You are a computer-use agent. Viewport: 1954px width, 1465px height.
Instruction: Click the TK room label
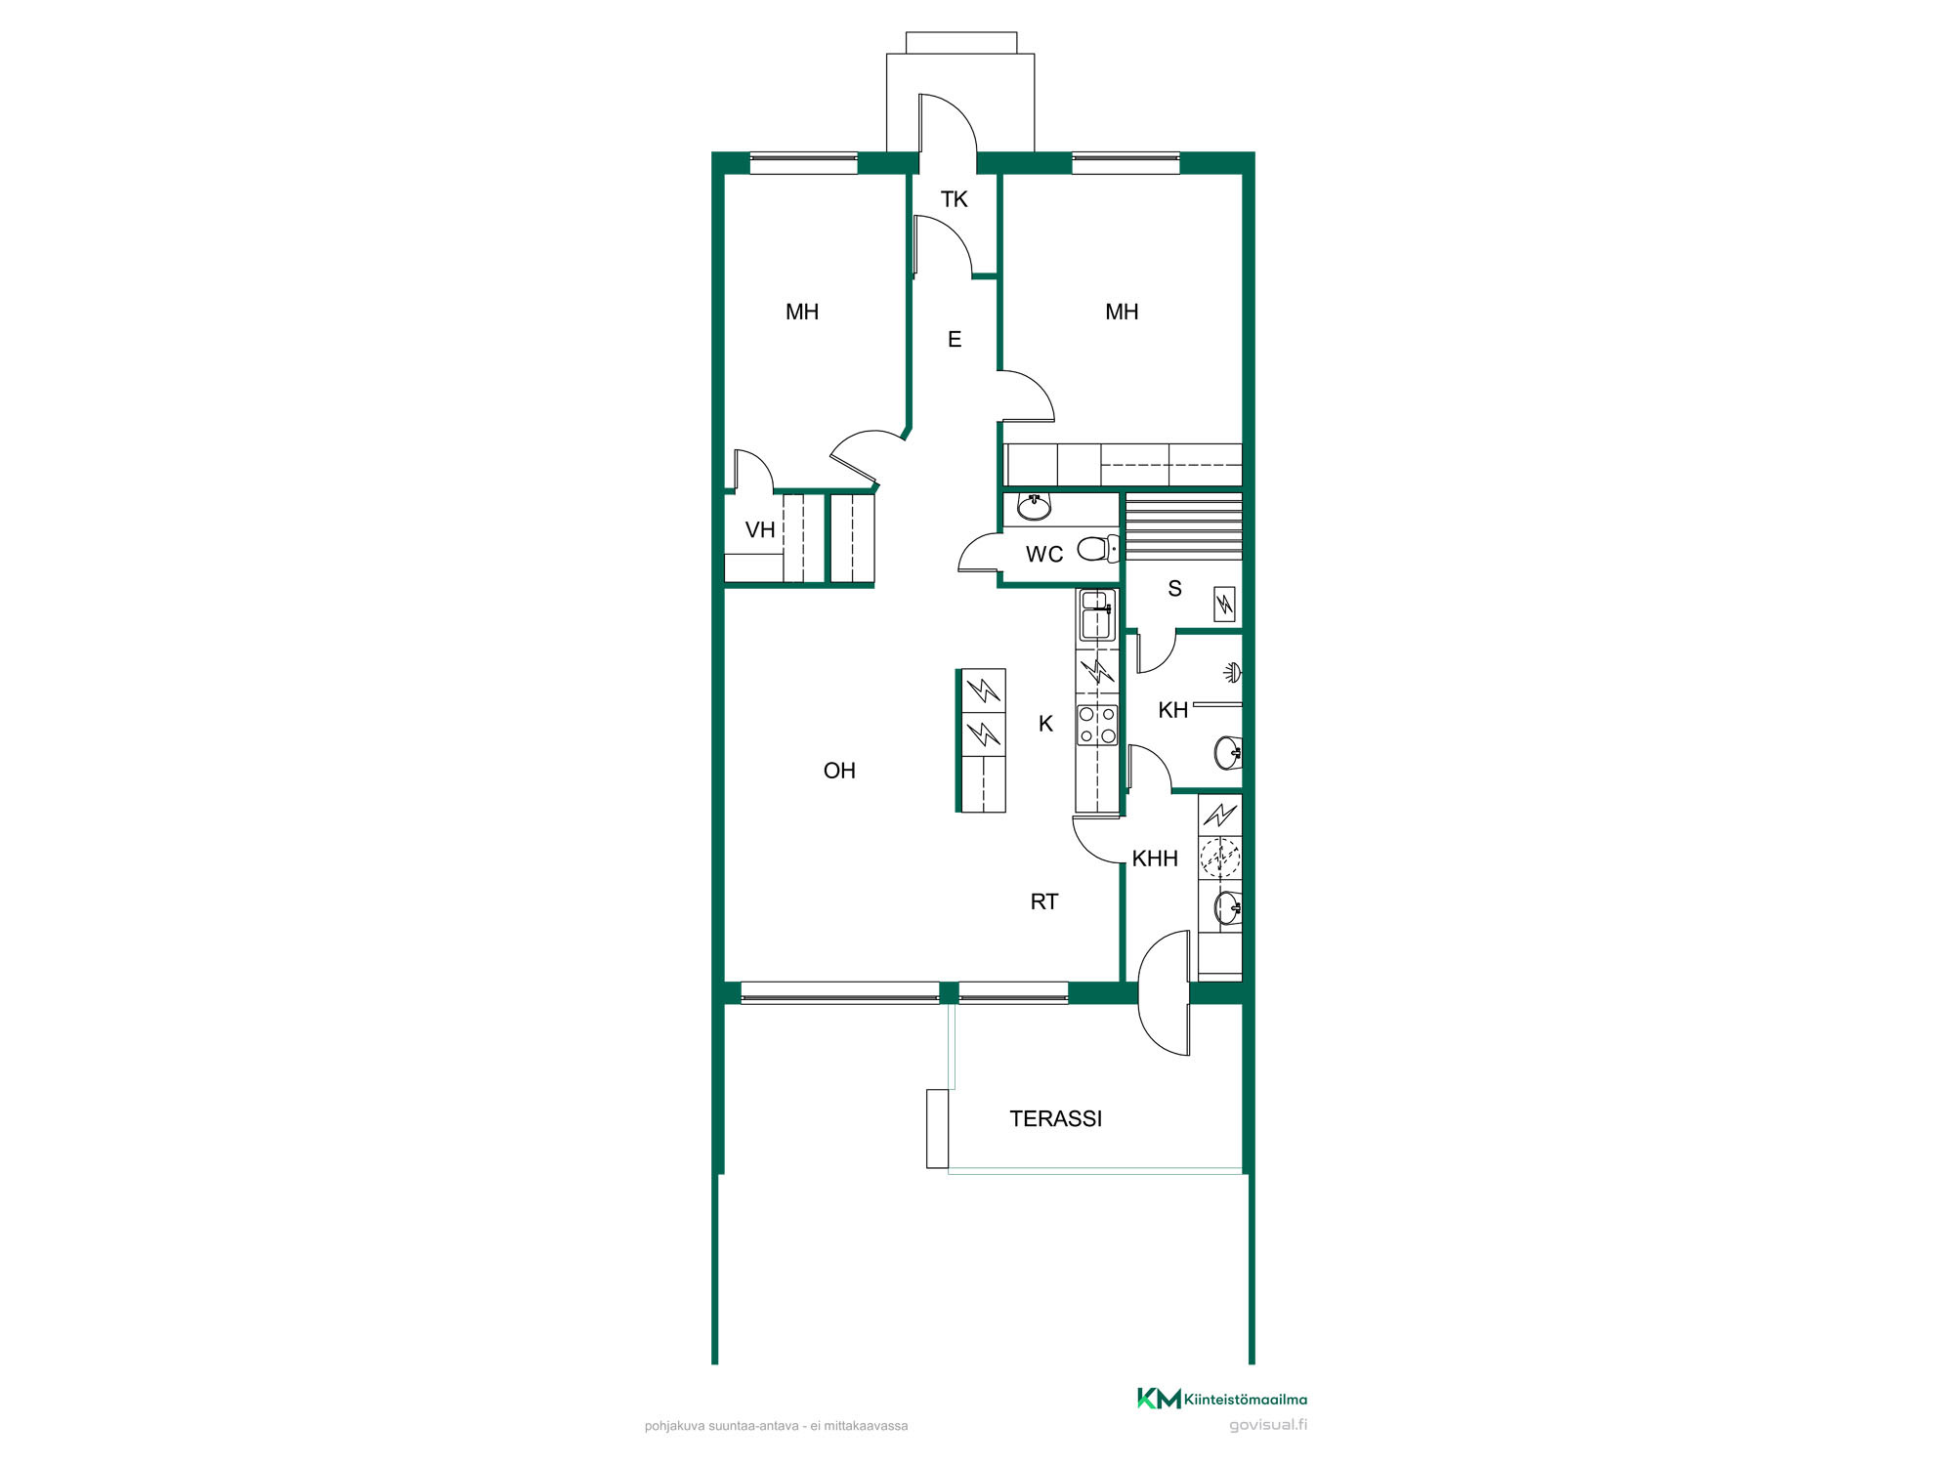tap(954, 199)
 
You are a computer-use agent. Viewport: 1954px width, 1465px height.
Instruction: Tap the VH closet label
tap(760, 530)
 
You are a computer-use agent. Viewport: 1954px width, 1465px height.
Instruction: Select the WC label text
tap(1044, 555)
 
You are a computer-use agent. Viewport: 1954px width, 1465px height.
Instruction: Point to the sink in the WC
tap(1035, 506)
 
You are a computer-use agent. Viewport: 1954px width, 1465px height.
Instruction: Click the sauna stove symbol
tap(1224, 605)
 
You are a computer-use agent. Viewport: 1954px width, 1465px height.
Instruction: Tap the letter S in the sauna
tap(1174, 589)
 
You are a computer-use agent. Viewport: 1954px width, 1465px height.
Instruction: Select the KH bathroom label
tap(1172, 711)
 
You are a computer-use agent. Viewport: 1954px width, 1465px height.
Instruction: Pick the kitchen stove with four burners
tap(1097, 725)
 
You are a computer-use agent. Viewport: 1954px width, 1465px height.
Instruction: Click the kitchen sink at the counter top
tap(1097, 615)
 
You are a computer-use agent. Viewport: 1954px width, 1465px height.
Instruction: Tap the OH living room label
tap(839, 772)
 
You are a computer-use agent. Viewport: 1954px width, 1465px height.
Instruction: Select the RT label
tap(1044, 902)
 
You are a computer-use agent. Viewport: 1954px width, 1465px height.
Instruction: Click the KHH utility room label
tap(1155, 859)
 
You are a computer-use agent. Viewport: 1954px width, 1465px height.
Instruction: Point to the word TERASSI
tap(1055, 1119)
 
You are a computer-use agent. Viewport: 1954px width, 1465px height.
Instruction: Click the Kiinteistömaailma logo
tap(1221, 1399)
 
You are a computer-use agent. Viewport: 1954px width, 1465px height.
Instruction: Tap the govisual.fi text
tap(1268, 1425)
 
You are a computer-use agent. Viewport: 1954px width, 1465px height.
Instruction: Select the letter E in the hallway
tap(955, 340)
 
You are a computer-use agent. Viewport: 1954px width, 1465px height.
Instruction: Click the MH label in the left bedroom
tap(802, 313)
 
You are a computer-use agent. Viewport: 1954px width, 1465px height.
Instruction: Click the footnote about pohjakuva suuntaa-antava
tap(776, 1426)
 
